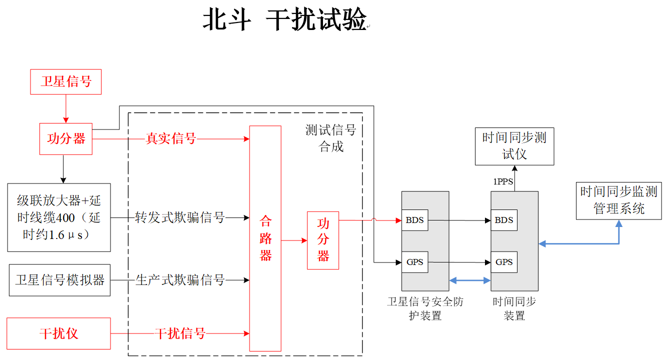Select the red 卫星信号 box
(66, 82)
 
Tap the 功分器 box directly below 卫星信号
(66, 139)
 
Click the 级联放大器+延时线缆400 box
(59, 217)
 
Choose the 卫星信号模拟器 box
(59, 280)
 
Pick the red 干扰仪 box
(59, 333)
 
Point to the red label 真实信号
(170, 139)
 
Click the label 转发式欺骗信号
(180, 217)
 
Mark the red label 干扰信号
(180, 333)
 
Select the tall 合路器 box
(265, 238)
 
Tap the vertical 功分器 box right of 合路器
(323, 240)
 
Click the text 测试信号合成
(331, 138)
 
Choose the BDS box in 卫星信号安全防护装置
(415, 220)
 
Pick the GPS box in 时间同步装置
(504, 262)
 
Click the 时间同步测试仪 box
(514, 146)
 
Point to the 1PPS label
(503, 182)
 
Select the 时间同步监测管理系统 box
(619, 200)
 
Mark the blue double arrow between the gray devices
(470, 281)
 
